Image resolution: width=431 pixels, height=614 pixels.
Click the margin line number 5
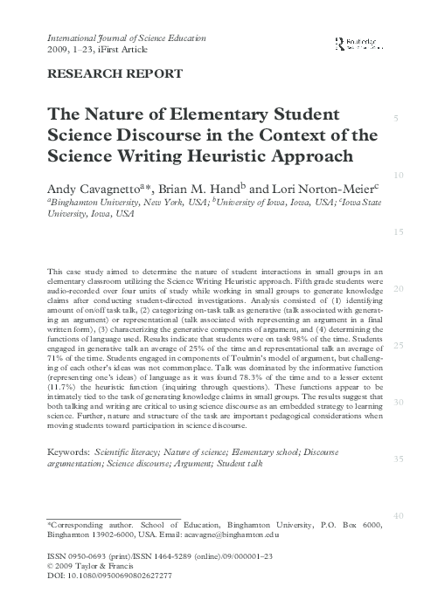[x=398, y=119]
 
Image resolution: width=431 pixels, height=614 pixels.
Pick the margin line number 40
[x=398, y=517]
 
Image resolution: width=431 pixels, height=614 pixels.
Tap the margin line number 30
[x=398, y=403]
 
